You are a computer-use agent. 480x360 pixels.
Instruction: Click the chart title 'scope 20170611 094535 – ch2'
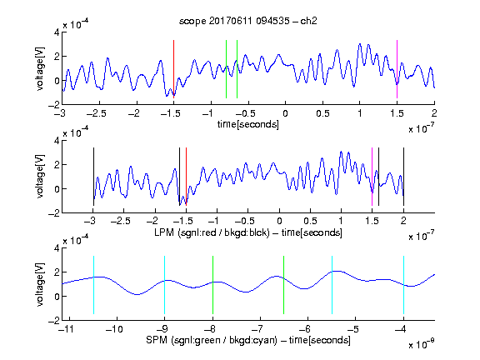(x=248, y=21)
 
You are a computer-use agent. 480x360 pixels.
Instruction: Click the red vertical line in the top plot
(x=173, y=69)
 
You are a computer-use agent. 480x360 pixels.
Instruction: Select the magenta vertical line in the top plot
(x=397, y=69)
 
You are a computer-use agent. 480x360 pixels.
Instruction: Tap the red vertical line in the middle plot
(x=186, y=177)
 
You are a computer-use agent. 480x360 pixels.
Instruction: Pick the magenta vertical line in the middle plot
(x=372, y=177)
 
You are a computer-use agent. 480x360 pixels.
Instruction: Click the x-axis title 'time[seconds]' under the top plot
(x=248, y=124)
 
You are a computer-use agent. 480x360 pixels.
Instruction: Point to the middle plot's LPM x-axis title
(x=248, y=232)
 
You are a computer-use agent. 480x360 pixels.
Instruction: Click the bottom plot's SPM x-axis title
(x=248, y=340)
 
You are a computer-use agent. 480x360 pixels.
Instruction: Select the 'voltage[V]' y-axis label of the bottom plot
(x=40, y=284)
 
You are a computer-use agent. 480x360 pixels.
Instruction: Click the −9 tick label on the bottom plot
(x=162, y=329)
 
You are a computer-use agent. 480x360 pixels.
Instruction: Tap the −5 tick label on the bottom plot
(x=353, y=329)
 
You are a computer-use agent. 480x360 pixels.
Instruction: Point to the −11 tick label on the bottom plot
(x=66, y=329)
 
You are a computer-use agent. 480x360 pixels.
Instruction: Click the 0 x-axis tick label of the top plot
(x=285, y=113)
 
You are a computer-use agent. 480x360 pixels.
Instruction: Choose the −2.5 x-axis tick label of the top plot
(x=96, y=113)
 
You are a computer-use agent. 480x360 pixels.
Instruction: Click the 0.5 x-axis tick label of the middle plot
(x=310, y=221)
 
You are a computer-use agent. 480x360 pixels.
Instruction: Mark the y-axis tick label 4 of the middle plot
(x=57, y=141)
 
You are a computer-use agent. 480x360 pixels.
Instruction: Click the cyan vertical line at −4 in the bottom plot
(x=404, y=285)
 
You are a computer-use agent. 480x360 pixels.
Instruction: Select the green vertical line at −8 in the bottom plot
(x=212, y=285)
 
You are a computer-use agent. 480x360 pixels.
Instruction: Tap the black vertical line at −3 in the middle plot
(x=93, y=177)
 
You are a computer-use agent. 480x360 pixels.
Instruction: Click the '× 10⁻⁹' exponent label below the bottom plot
(x=421, y=344)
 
